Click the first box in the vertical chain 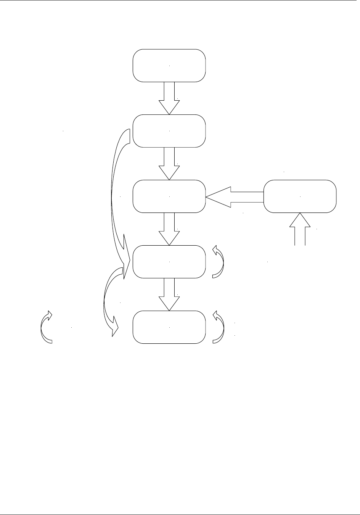tap(169, 65)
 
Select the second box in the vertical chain tap(169, 131)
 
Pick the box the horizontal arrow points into tap(169, 196)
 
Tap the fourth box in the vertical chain tap(169, 262)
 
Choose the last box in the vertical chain tap(169, 327)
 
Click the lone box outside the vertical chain tap(300, 196)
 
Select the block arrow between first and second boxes tap(169, 98)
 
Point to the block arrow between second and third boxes tap(169, 163)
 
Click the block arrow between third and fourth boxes tap(169, 229)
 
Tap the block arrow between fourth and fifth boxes tap(169, 294)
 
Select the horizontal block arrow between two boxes tap(235, 196)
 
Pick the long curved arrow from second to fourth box tap(113, 191)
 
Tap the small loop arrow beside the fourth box tap(220, 261)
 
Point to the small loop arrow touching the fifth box tap(220, 327)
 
